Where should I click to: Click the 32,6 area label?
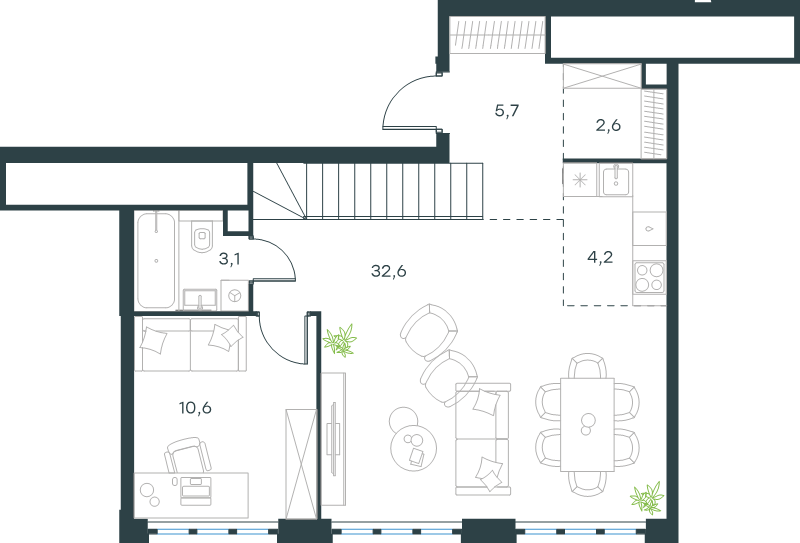(x=389, y=271)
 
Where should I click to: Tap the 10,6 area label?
(x=195, y=408)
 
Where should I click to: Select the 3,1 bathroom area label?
(x=229, y=259)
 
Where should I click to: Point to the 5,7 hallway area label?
(x=507, y=110)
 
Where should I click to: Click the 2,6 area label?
(x=608, y=125)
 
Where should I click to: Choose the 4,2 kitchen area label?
(x=600, y=257)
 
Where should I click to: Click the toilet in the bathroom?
(x=203, y=236)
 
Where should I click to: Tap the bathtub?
(x=156, y=260)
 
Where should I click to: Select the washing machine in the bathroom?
(x=235, y=295)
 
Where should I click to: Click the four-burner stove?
(x=649, y=277)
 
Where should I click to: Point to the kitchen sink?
(x=616, y=180)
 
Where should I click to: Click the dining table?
(x=587, y=424)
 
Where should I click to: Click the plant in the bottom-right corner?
(x=647, y=498)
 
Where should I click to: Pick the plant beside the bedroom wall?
(x=340, y=340)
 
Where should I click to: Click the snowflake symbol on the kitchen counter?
(x=580, y=180)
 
